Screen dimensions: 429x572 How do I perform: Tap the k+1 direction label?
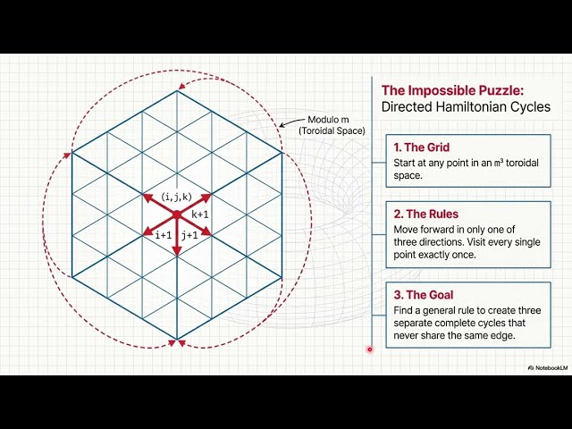[x=200, y=214]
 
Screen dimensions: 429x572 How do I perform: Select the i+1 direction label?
[x=163, y=235]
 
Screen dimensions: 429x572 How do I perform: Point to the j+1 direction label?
[x=189, y=235]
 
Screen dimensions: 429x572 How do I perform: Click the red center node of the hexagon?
[x=177, y=214]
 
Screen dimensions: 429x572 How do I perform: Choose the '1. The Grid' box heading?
[x=422, y=147]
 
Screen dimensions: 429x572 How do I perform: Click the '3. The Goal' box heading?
[x=423, y=294]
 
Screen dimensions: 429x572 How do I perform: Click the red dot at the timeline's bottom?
[x=369, y=349]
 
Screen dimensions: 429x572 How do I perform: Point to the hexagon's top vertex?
[x=177, y=90]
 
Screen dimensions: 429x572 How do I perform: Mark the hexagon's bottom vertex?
[x=177, y=339]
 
